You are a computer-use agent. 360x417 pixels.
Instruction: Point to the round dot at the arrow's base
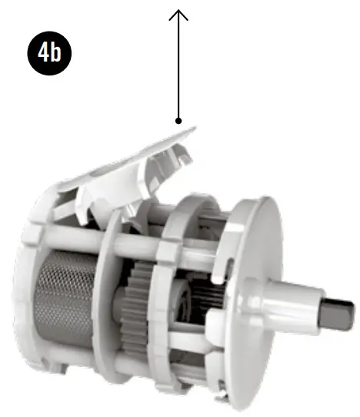178,121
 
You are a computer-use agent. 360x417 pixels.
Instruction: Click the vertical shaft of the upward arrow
178,69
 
